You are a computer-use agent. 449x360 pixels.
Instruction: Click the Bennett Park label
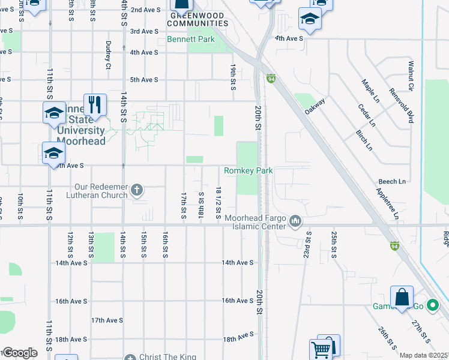pos(190,40)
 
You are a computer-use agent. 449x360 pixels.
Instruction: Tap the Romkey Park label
pos(249,171)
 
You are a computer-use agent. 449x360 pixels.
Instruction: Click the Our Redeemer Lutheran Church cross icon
pos(137,190)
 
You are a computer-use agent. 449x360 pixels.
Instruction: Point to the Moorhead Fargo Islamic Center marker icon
pos(295,221)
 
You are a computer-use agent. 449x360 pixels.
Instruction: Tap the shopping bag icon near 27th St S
pos(402,297)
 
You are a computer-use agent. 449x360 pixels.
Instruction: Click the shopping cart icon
pos(321,348)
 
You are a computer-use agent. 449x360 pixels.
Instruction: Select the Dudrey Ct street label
pos(109,53)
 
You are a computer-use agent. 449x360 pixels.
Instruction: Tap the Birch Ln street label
pos(364,139)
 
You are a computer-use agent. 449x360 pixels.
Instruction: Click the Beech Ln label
pos(392,181)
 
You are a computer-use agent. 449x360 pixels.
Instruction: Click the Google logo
pos(19,353)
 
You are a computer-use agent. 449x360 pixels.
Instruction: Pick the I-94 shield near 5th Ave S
pos(271,78)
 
